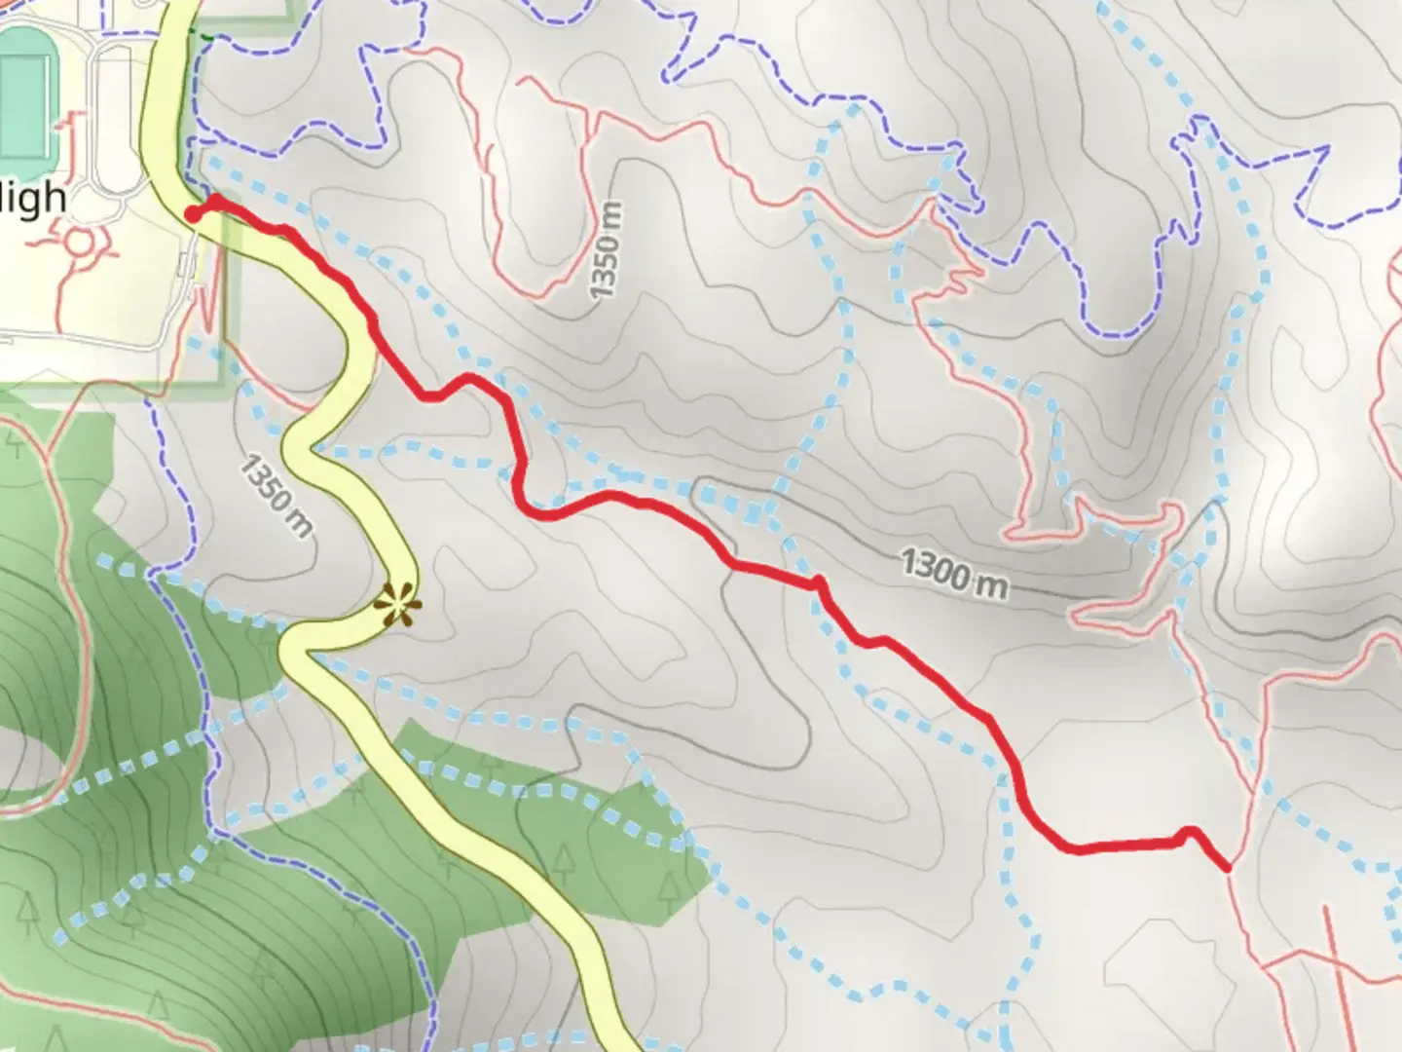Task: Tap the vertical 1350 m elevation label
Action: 606,250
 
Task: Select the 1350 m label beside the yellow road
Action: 277,496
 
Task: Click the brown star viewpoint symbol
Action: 396,605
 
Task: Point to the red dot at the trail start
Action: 193,213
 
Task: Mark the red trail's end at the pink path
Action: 1226,866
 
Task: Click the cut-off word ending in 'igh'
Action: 33,198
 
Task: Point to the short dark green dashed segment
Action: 202,36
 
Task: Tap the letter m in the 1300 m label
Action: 993,584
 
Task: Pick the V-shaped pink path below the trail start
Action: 206,302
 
